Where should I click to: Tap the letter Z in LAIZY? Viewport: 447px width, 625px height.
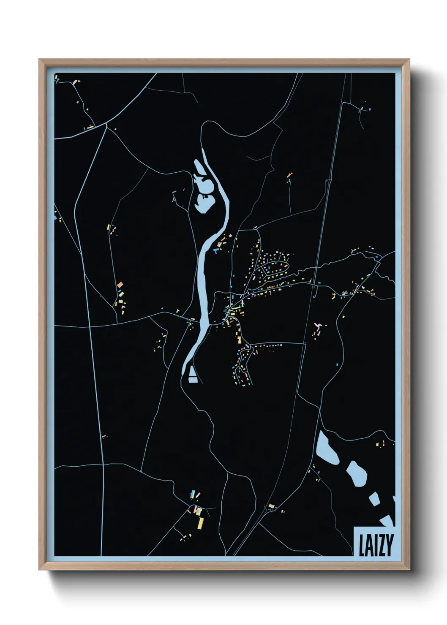coord(380,545)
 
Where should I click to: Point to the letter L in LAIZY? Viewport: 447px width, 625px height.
coord(362,545)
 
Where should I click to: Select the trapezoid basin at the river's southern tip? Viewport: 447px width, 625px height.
coord(193,375)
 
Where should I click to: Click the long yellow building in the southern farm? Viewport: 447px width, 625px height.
coord(201,522)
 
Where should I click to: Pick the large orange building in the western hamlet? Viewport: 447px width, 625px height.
coord(120,285)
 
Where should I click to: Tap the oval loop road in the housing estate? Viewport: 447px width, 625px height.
coord(274,268)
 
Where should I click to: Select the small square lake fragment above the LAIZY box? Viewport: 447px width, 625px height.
coord(373,499)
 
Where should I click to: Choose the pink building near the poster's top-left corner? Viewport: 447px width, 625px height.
coord(76,81)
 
